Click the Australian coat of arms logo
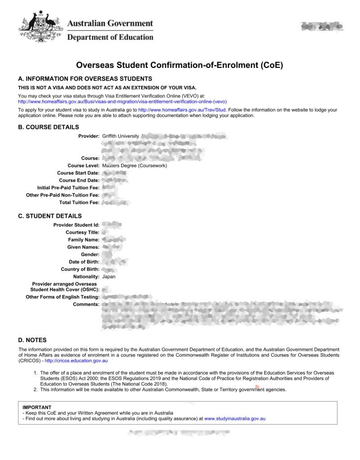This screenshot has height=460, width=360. point(39,26)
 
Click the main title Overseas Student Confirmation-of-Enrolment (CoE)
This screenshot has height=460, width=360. point(180,65)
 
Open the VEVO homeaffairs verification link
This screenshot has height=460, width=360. point(122,102)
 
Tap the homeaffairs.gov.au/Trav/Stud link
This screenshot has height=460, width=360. point(182,110)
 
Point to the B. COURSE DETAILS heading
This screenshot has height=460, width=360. point(49,127)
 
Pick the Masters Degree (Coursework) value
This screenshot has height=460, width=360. point(135,165)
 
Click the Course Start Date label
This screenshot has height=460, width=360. point(78,173)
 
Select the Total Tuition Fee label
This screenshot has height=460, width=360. point(80,203)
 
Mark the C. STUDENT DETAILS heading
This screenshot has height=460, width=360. point(50,216)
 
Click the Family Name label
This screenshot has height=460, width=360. point(84,240)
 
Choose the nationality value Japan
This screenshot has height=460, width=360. point(109,277)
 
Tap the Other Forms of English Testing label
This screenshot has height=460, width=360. point(62,297)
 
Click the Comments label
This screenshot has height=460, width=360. point(86,304)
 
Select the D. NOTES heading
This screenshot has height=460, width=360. point(32,340)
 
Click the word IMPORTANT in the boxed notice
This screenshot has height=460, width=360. point(37,407)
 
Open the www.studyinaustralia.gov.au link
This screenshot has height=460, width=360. point(235,418)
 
